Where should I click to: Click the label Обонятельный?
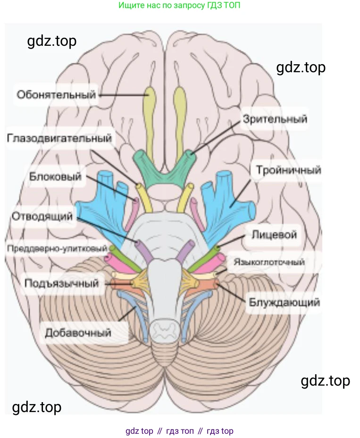click(56, 94)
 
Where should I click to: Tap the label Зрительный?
click(275, 118)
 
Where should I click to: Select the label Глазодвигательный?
click(60, 138)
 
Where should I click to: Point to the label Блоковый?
click(55, 177)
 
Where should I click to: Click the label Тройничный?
click(288, 170)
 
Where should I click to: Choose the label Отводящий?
click(42, 217)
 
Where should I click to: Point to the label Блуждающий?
click(283, 302)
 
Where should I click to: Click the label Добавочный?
click(78, 333)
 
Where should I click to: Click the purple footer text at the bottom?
click(179, 431)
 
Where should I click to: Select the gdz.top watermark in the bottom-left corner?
click(36, 406)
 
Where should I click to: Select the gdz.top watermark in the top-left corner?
click(52, 41)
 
